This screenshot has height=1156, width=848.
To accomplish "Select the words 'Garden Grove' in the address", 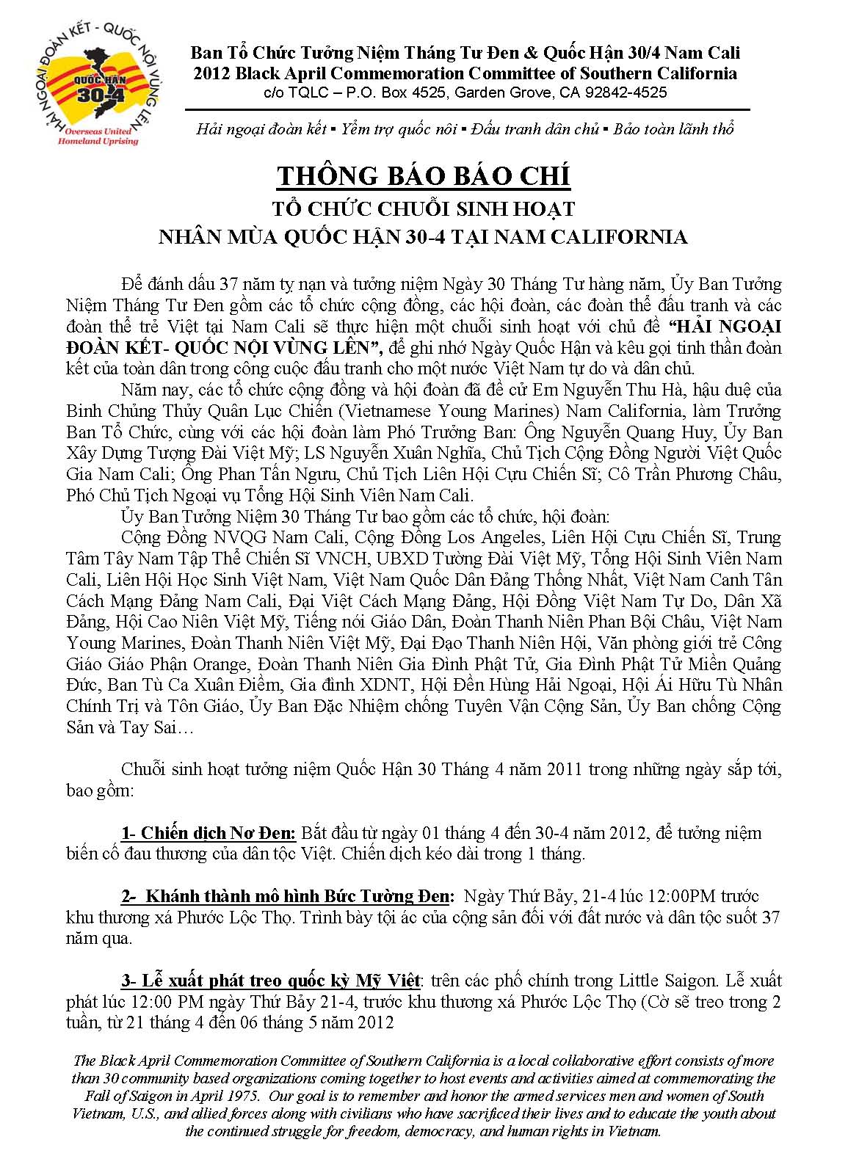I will coord(497,92).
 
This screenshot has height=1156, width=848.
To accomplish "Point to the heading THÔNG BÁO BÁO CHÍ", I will coord(424,176).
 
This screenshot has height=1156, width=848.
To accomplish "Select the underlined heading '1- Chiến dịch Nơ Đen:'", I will coord(209,833).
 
